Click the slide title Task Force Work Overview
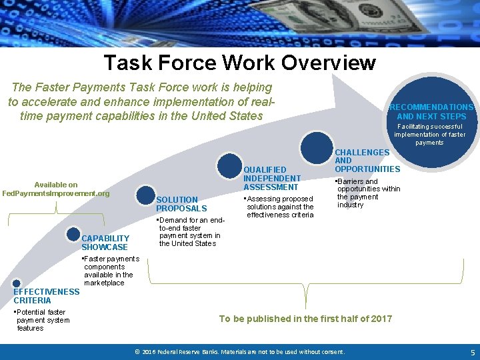click(239, 63)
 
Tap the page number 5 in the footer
click(473, 352)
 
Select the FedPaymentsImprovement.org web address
click(56, 193)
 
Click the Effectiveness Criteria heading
click(46, 296)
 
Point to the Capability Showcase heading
click(105, 243)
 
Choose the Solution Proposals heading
click(177, 204)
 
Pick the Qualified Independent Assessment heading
click(271, 178)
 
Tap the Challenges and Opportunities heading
click(367, 161)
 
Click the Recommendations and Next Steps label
click(431, 112)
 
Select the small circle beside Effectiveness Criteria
click(17, 283)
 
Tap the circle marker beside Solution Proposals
click(146, 195)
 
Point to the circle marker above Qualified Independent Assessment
click(230, 166)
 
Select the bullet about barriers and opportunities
click(367, 193)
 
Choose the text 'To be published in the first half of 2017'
click(305, 319)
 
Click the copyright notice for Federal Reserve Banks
click(239, 352)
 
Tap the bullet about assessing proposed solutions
click(279, 207)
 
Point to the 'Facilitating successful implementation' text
click(430, 134)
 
